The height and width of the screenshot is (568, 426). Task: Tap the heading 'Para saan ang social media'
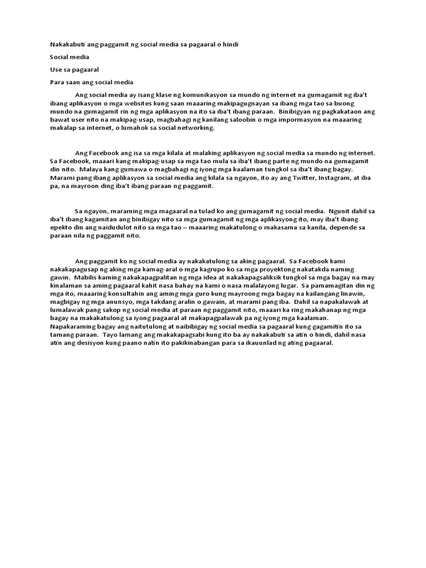click(92, 82)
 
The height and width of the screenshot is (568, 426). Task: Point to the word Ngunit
click(339, 211)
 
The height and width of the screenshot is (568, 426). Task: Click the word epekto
click(60, 227)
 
